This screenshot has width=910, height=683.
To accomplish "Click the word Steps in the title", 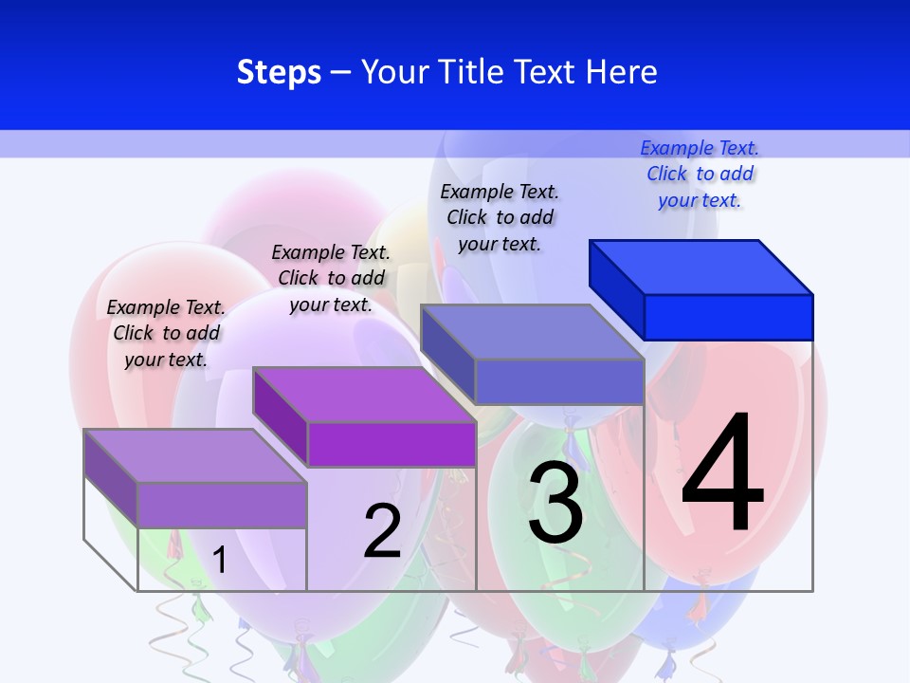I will (279, 73).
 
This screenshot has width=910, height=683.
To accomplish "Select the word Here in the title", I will (622, 72).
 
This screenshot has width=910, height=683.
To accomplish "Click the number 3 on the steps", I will (555, 503).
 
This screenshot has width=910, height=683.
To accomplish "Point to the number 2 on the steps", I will (382, 531).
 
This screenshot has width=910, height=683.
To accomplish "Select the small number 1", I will (220, 560).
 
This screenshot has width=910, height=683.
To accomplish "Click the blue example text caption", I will (700, 174).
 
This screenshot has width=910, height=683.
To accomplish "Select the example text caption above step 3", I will (500, 217).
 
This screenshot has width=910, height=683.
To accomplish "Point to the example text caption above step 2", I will (331, 278).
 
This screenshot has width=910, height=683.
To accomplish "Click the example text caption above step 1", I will (166, 333).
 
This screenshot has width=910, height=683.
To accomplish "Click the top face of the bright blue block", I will (701, 267).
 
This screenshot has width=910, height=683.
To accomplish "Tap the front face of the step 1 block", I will (222, 505).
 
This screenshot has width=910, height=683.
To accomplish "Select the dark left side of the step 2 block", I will (281, 416).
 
